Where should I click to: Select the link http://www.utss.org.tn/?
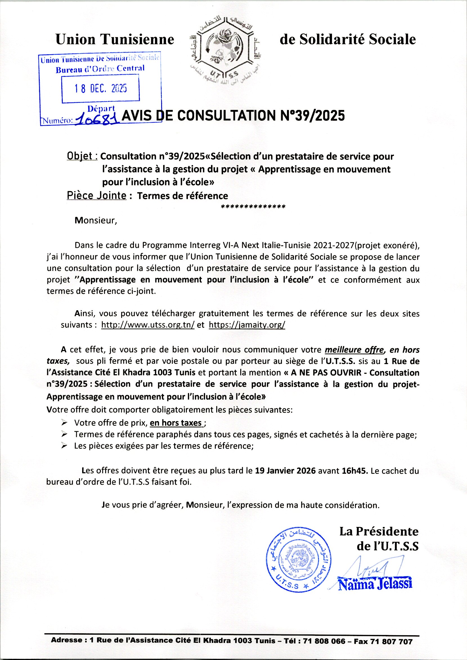[148, 325]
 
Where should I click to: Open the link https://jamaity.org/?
[247, 325]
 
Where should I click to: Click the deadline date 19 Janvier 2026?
[285, 471]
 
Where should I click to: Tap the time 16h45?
[354, 471]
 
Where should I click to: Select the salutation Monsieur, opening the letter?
[96, 221]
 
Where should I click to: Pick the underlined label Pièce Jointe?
[96, 196]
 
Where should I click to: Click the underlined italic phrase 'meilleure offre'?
[354, 350]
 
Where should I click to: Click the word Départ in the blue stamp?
[101, 108]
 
